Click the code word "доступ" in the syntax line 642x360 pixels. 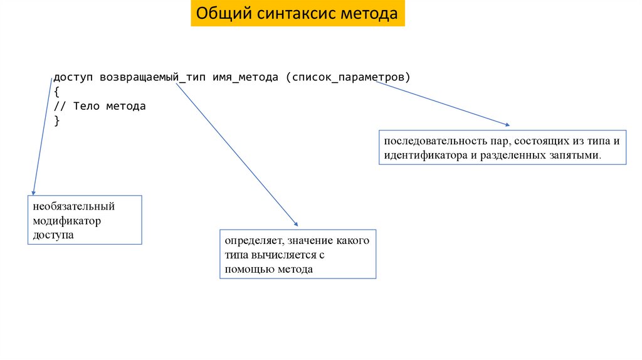click(x=73, y=77)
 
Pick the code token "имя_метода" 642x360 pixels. click(x=245, y=77)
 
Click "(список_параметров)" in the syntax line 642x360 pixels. click(x=347, y=77)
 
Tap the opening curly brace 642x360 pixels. click(x=56, y=92)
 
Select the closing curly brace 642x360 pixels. click(x=56, y=120)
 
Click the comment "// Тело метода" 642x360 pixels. click(x=100, y=106)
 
